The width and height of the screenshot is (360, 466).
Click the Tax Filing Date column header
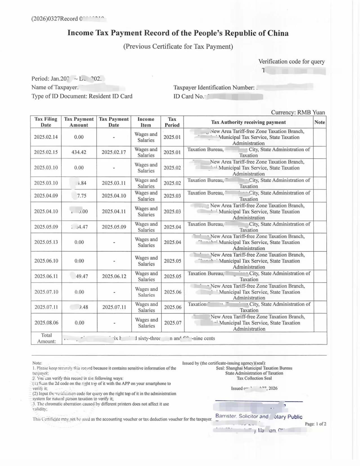pyautogui.click(x=46, y=122)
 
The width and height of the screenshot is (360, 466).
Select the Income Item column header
pyautogui.click(x=146, y=122)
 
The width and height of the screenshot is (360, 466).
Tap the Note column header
pyautogui.click(x=319, y=122)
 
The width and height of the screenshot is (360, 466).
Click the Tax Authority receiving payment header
pyautogui.click(x=248, y=122)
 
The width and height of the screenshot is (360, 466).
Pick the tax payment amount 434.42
pyautogui.click(x=79, y=152)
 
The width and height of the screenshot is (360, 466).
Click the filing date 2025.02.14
pyautogui.click(x=46, y=137)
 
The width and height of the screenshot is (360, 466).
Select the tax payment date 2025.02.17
pyautogui.click(x=114, y=152)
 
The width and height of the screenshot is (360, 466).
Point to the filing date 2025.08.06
pyautogui.click(x=46, y=322)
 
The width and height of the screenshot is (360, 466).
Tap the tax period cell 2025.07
pyautogui.click(x=173, y=323)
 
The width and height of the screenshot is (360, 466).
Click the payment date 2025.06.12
pyautogui.click(x=114, y=276)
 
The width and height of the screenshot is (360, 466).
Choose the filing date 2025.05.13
pyautogui.click(x=46, y=242)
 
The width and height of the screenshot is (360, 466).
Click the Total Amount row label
pyautogui.click(x=46, y=338)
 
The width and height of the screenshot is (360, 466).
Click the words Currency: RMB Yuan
pyautogui.click(x=298, y=112)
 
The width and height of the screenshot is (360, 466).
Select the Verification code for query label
pyautogui.click(x=291, y=61)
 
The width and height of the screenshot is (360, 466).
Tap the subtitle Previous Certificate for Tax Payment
pyautogui.click(x=178, y=46)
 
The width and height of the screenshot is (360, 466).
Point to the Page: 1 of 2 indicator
pyautogui.click(x=316, y=424)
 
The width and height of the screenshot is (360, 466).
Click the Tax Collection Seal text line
pyautogui.click(x=254, y=378)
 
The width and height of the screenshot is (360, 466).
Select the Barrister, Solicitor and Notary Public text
pyautogui.click(x=259, y=416)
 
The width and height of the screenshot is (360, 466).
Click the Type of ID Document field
pyautogui.click(x=82, y=96)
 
